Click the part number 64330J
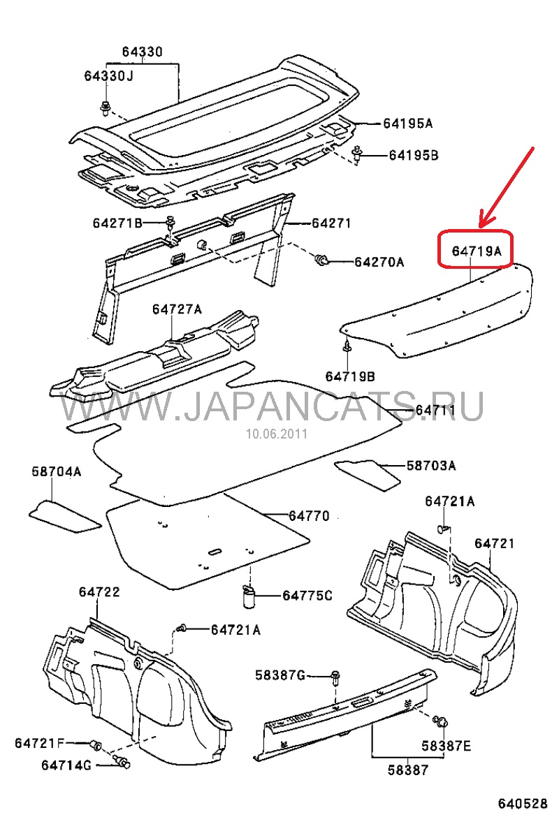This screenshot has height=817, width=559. click(x=108, y=76)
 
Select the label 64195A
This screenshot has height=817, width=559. click(x=407, y=124)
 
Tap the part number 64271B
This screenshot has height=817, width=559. click(x=117, y=223)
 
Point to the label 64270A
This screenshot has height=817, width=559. click(x=379, y=262)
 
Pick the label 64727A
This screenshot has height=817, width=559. click(x=177, y=309)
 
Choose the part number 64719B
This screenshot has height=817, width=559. click(x=349, y=376)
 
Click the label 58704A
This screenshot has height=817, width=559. click(x=56, y=472)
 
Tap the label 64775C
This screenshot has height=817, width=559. click(x=307, y=596)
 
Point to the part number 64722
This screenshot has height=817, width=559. click(x=99, y=591)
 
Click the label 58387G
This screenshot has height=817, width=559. click(x=280, y=675)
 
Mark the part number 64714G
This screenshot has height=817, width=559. click(x=66, y=766)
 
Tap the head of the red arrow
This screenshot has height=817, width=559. click(x=482, y=225)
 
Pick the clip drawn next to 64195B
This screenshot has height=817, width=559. click(x=358, y=155)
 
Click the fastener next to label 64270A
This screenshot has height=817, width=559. click(x=322, y=261)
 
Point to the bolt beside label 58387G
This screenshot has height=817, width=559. click(x=335, y=675)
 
